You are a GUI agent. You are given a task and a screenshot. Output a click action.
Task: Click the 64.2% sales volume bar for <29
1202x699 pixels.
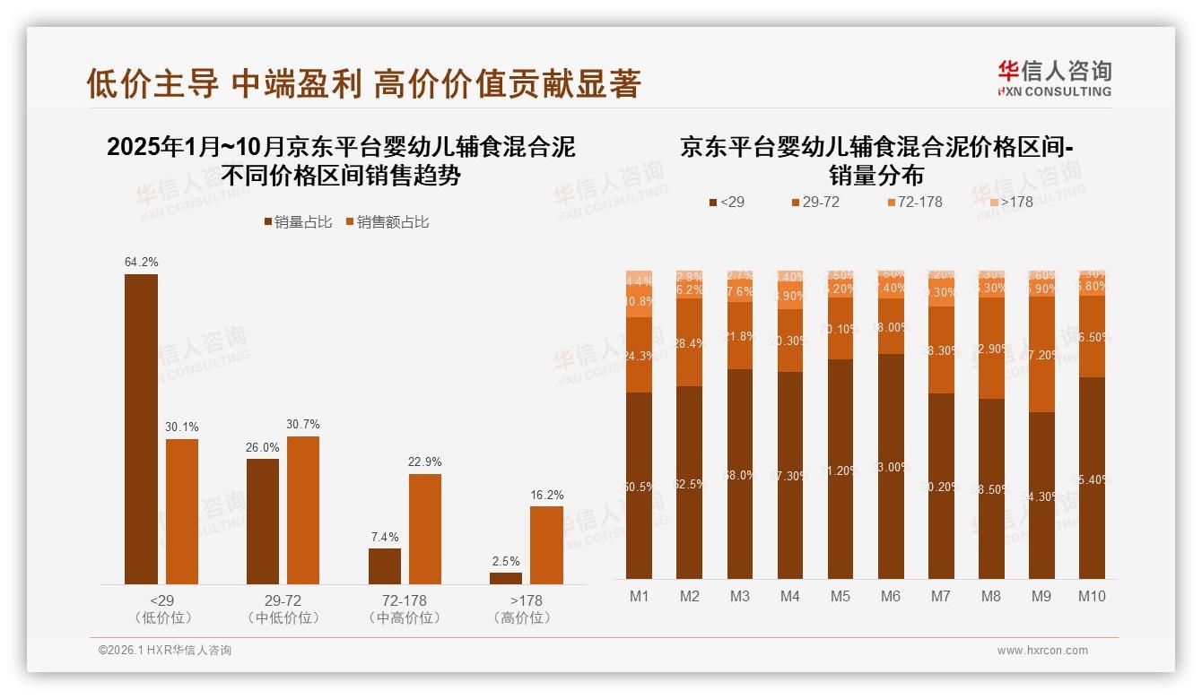tap(141, 429)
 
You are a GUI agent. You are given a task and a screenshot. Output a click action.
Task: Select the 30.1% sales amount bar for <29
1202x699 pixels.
tap(181, 512)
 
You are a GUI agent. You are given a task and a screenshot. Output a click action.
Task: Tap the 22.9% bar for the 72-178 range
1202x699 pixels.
tap(425, 529)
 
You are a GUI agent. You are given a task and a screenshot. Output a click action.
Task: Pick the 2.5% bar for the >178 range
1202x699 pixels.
tap(506, 578)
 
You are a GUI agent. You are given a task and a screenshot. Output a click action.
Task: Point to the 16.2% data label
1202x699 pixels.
tap(547, 495)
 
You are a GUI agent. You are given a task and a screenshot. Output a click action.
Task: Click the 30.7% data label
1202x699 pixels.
tap(303, 424)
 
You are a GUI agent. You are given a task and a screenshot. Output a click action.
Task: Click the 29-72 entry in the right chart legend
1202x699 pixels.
tap(814, 202)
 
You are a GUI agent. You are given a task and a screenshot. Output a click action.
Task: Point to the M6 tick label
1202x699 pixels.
tap(890, 596)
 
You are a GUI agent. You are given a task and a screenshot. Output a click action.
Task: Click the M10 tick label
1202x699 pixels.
tap(1092, 596)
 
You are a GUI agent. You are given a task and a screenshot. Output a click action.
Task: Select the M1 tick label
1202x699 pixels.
tap(639, 596)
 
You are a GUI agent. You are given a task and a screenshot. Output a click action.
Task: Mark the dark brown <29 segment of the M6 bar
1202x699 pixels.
tap(890, 466)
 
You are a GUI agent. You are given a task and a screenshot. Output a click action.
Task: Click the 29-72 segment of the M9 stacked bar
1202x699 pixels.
tap(1041, 355)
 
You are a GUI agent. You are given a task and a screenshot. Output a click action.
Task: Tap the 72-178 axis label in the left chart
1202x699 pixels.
tap(404, 600)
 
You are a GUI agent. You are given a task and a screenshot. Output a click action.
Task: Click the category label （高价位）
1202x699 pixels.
tap(523, 617)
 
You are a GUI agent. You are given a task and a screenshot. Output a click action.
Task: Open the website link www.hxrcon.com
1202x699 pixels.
tap(1041, 651)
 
